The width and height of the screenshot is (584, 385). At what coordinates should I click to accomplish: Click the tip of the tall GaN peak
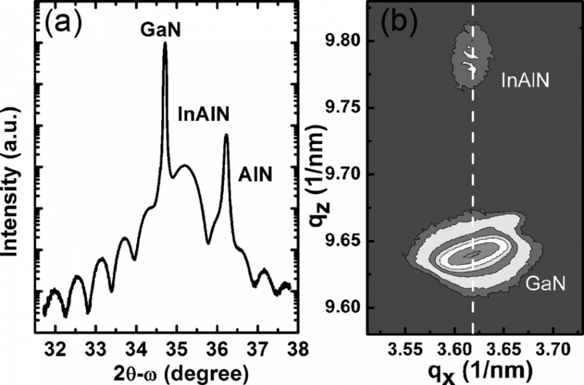(x=165, y=44)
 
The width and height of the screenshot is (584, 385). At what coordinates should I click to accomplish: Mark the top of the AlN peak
(x=226, y=136)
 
